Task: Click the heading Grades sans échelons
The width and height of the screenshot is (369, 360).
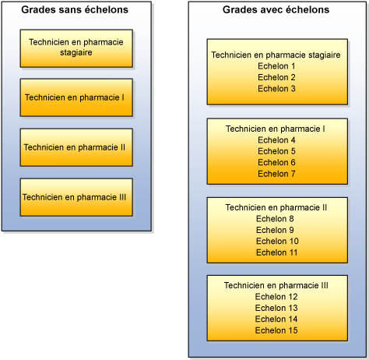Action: [76, 11]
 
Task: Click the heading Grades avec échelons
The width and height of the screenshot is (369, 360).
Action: [276, 10]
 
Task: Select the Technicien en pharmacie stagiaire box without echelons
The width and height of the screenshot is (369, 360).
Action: [76, 48]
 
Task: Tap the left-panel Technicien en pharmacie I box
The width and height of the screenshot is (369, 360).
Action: [76, 97]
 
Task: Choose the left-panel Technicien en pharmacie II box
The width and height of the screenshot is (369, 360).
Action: [76, 147]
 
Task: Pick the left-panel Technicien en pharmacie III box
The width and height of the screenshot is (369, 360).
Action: [76, 197]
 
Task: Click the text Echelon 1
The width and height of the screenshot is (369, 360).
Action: [276, 66]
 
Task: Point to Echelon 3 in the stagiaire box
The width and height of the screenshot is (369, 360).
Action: [276, 88]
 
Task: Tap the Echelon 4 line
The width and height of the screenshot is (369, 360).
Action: [276, 139]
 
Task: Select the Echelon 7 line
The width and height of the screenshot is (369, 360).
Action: [276, 173]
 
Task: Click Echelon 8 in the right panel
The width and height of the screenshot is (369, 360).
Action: [276, 219]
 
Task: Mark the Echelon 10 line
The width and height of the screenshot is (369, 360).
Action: [276, 241]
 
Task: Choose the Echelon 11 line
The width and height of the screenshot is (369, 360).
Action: [276, 252]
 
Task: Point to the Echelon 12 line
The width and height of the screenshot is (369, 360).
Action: [276, 297]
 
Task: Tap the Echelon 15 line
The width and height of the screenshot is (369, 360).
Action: [276, 330]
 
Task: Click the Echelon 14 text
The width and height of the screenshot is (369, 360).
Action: [276, 319]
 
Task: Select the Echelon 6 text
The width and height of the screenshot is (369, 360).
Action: [276, 162]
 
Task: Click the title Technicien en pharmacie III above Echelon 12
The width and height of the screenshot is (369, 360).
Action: [276, 286]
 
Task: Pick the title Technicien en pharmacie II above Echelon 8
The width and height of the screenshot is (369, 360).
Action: [276, 207]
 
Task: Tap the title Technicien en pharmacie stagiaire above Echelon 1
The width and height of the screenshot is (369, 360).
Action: [276, 55]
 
